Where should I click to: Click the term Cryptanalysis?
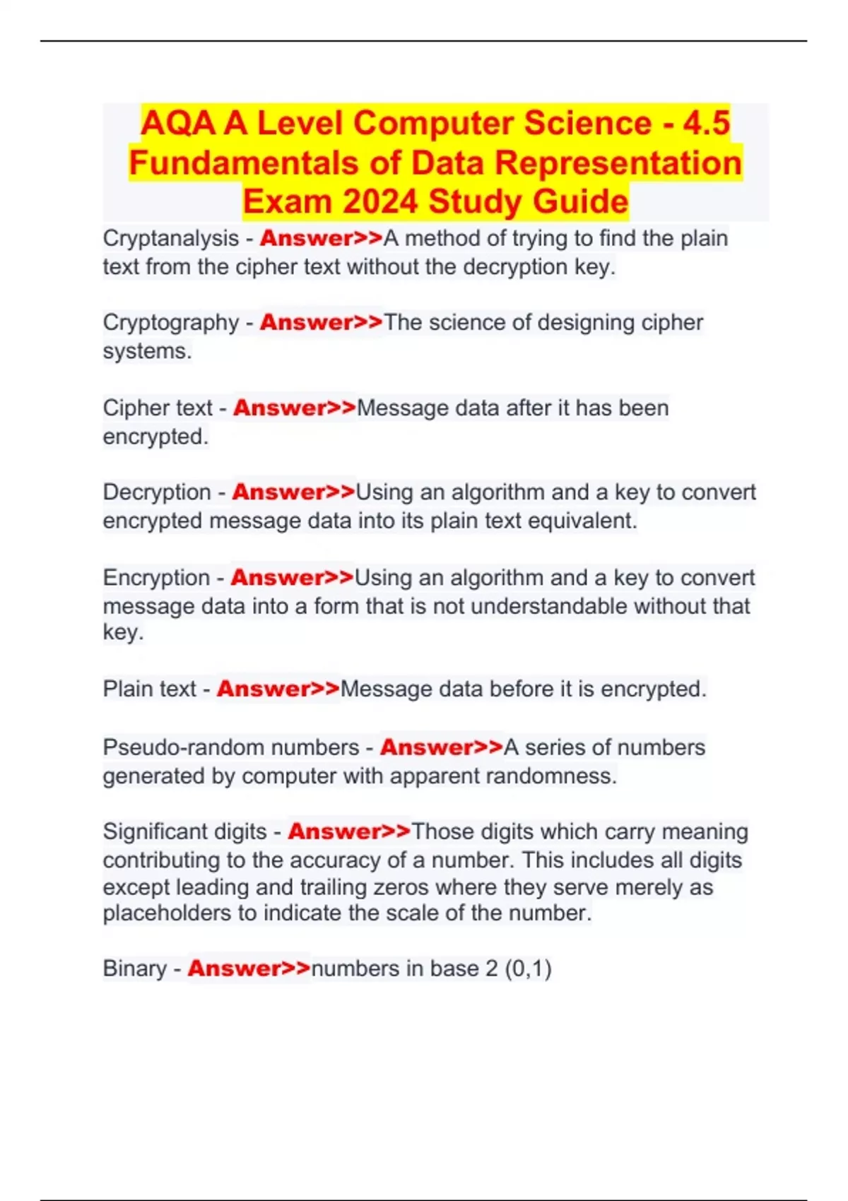click(x=170, y=239)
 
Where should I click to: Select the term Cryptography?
click(x=170, y=323)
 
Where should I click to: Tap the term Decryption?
click(x=156, y=492)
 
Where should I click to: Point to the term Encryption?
click(x=156, y=578)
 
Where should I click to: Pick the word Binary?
click(x=134, y=969)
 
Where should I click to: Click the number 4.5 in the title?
click(x=706, y=123)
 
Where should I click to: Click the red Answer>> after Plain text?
click(x=278, y=689)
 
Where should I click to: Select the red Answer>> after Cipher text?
click(x=295, y=408)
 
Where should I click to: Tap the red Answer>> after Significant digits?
click(x=349, y=832)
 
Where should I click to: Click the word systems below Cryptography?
click(x=147, y=351)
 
